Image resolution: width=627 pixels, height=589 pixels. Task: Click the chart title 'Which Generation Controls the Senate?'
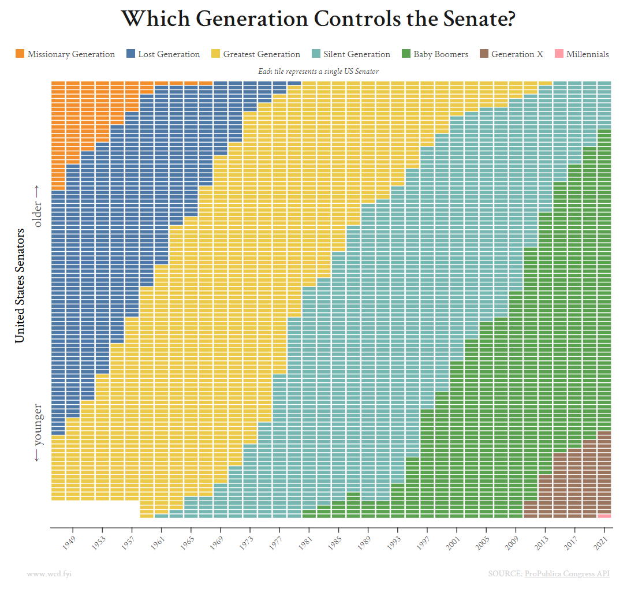click(318, 19)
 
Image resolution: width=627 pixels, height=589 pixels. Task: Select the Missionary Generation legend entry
click(65, 54)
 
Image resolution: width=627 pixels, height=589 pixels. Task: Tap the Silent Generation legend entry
click(350, 54)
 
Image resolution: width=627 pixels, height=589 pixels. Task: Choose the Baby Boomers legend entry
click(437, 54)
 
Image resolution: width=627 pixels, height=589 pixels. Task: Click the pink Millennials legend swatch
click(558, 54)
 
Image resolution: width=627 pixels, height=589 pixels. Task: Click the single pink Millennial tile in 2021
click(604, 516)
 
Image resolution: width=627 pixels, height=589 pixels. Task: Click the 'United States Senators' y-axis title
click(20, 285)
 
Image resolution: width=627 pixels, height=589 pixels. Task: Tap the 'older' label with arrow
click(38, 206)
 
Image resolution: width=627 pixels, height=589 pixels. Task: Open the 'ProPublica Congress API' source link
click(566, 573)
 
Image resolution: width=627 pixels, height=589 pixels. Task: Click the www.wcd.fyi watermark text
click(49, 573)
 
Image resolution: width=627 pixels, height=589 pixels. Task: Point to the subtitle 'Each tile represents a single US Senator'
click(318, 71)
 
